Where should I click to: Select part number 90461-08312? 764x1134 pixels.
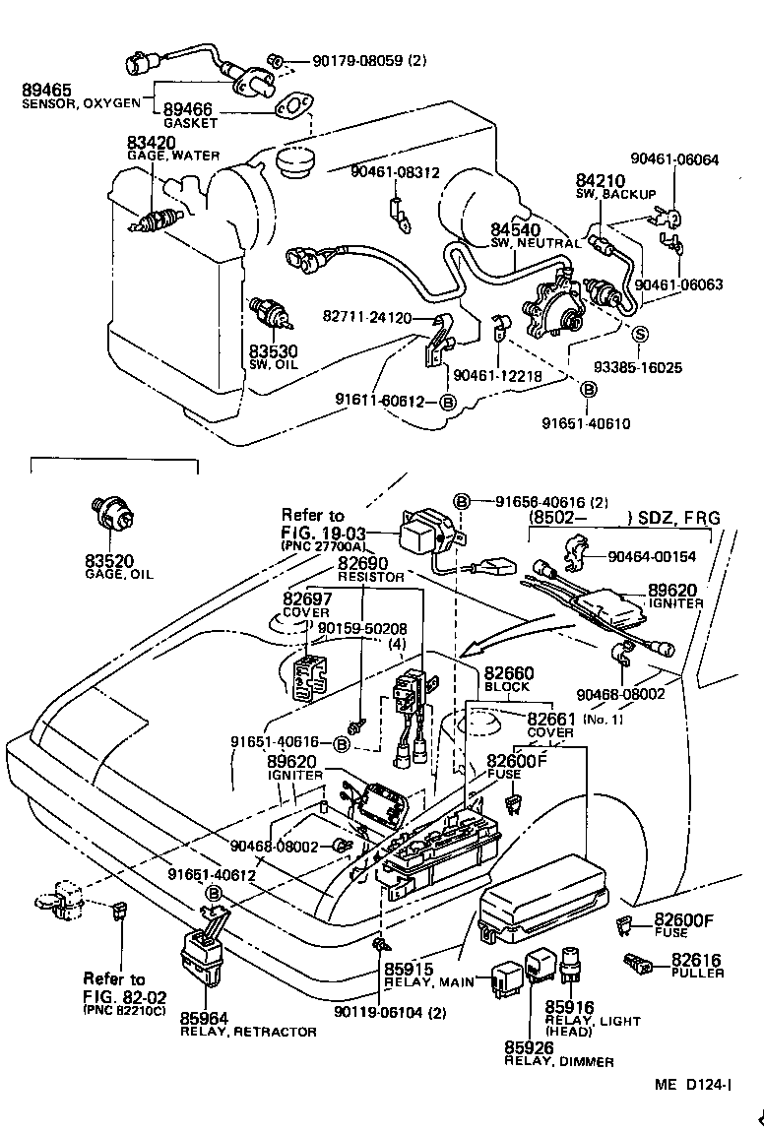[394, 172]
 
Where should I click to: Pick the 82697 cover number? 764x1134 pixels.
[307, 598]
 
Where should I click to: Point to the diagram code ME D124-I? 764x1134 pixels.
[692, 1085]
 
